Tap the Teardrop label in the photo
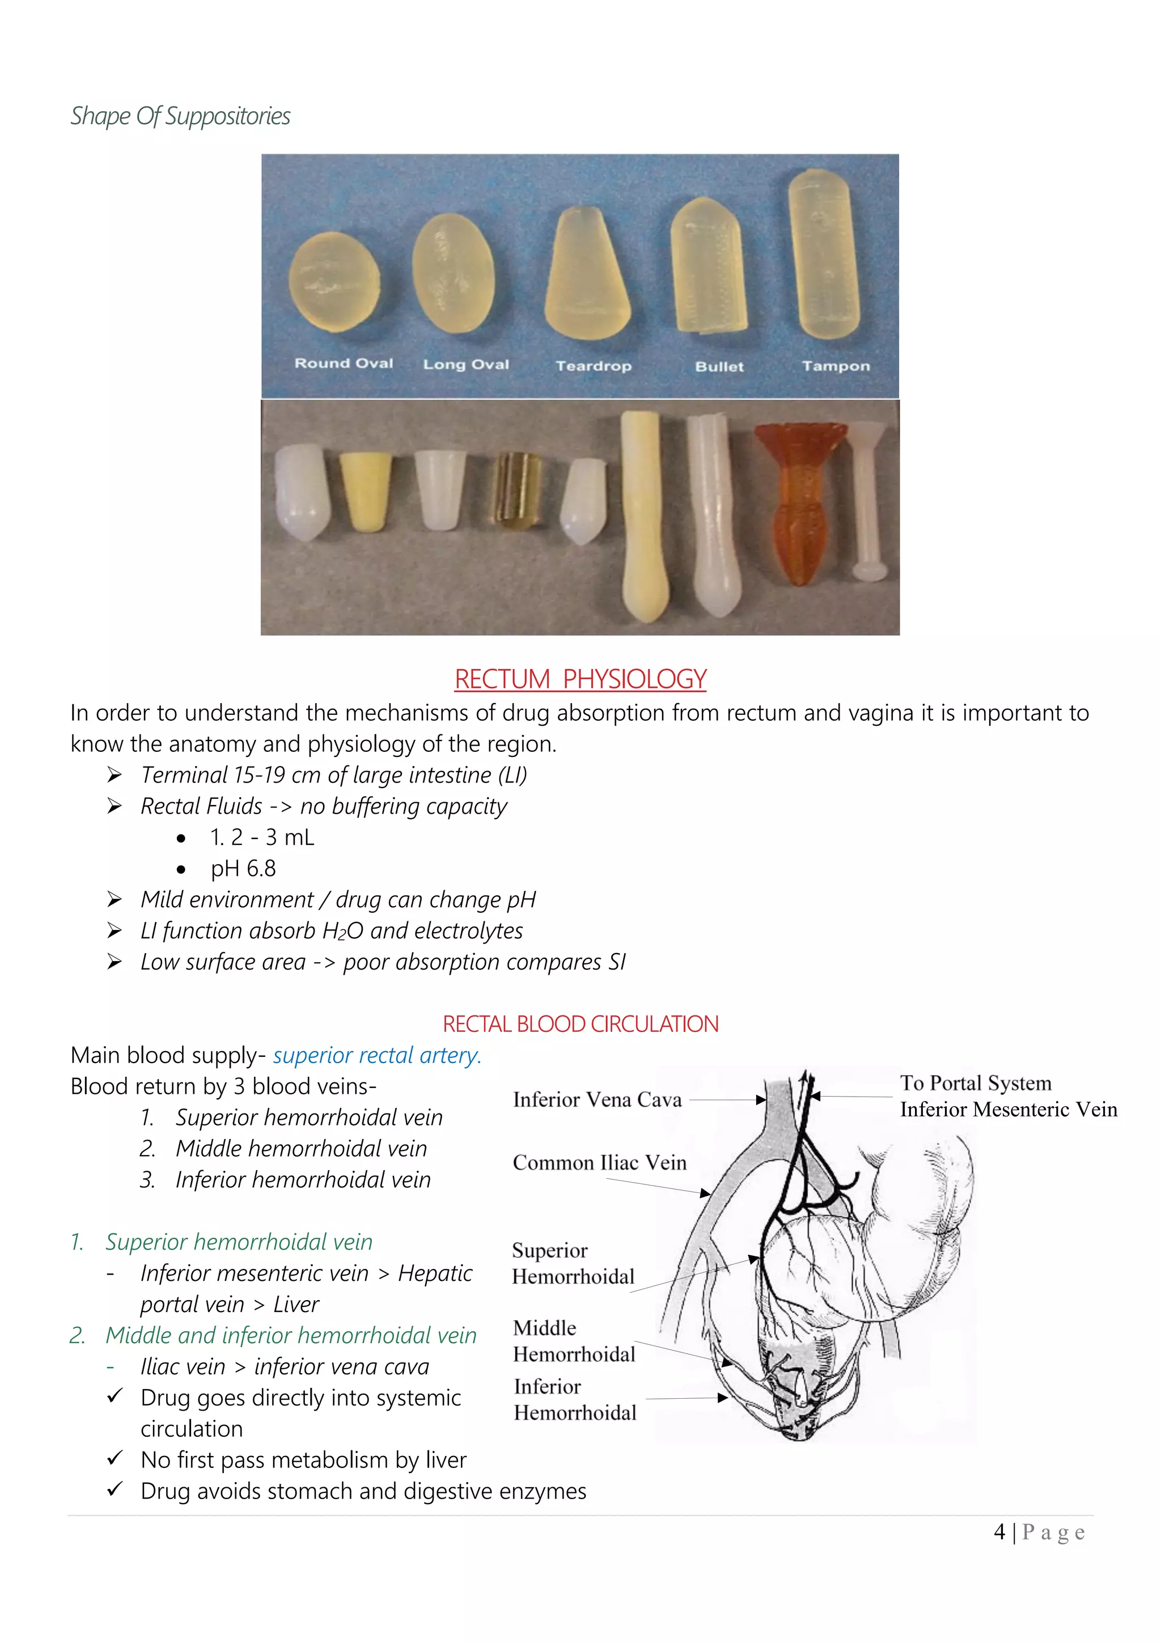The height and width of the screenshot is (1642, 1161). point(594,366)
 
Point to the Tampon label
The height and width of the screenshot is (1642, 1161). point(836,366)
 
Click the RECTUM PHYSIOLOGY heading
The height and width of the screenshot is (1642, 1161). point(580,679)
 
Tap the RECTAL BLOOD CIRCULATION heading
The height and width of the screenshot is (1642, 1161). point(580,1024)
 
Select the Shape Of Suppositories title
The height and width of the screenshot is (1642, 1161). point(180,116)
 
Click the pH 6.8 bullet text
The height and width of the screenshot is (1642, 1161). point(243,868)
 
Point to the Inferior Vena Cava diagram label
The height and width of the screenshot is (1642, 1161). point(597,1100)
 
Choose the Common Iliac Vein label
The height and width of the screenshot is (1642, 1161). point(599,1163)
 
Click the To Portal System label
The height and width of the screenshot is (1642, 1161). point(975,1084)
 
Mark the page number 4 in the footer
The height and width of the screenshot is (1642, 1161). point(999,1533)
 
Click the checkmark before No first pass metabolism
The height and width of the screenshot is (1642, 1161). point(115,1458)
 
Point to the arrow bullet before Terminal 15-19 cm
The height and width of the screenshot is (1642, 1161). point(115,775)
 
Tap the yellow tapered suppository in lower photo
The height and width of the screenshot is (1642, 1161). point(365,492)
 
